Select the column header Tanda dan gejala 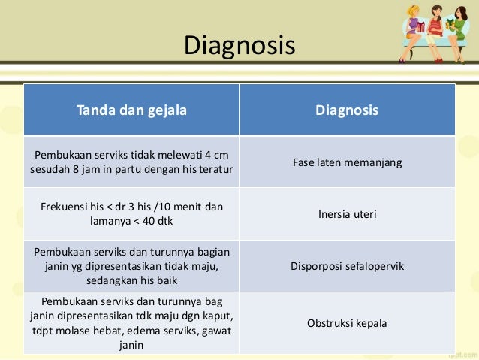click(131, 110)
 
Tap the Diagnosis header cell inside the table click(347, 110)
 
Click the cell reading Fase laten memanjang click(347, 162)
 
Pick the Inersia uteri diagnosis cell click(347, 214)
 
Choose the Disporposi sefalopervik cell click(347, 265)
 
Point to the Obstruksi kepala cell click(347, 323)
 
